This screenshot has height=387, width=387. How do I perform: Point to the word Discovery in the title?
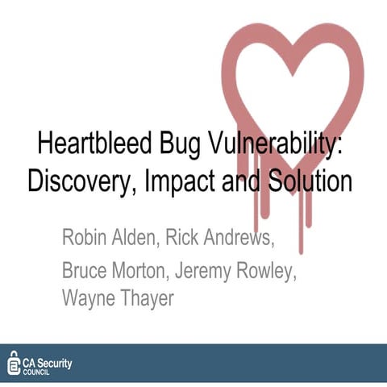coord(78,181)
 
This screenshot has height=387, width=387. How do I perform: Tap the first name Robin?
coord(87,239)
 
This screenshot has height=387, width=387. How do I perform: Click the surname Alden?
coord(144,239)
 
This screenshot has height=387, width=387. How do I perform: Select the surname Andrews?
coord(243,239)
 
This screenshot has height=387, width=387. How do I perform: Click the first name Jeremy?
coord(218,270)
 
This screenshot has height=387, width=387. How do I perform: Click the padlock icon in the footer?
coord(14,363)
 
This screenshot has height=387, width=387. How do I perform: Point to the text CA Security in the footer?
coord(49,359)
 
